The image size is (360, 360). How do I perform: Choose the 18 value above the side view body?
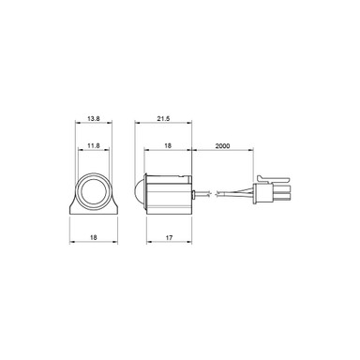click(168, 146)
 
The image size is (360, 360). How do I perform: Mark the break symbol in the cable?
click(217, 195)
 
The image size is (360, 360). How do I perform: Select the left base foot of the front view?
click(74, 211)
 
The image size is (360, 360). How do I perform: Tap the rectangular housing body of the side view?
click(171, 195)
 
